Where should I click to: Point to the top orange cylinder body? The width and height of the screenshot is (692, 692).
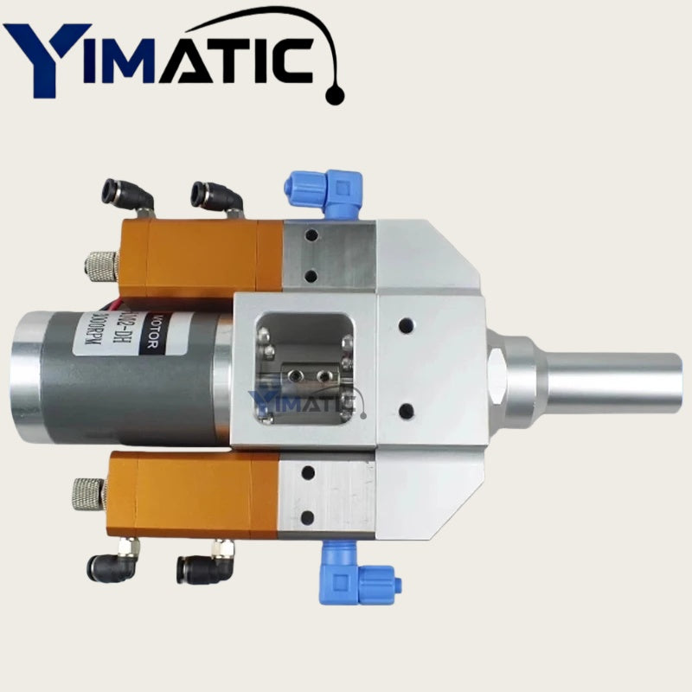(x=203, y=258)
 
